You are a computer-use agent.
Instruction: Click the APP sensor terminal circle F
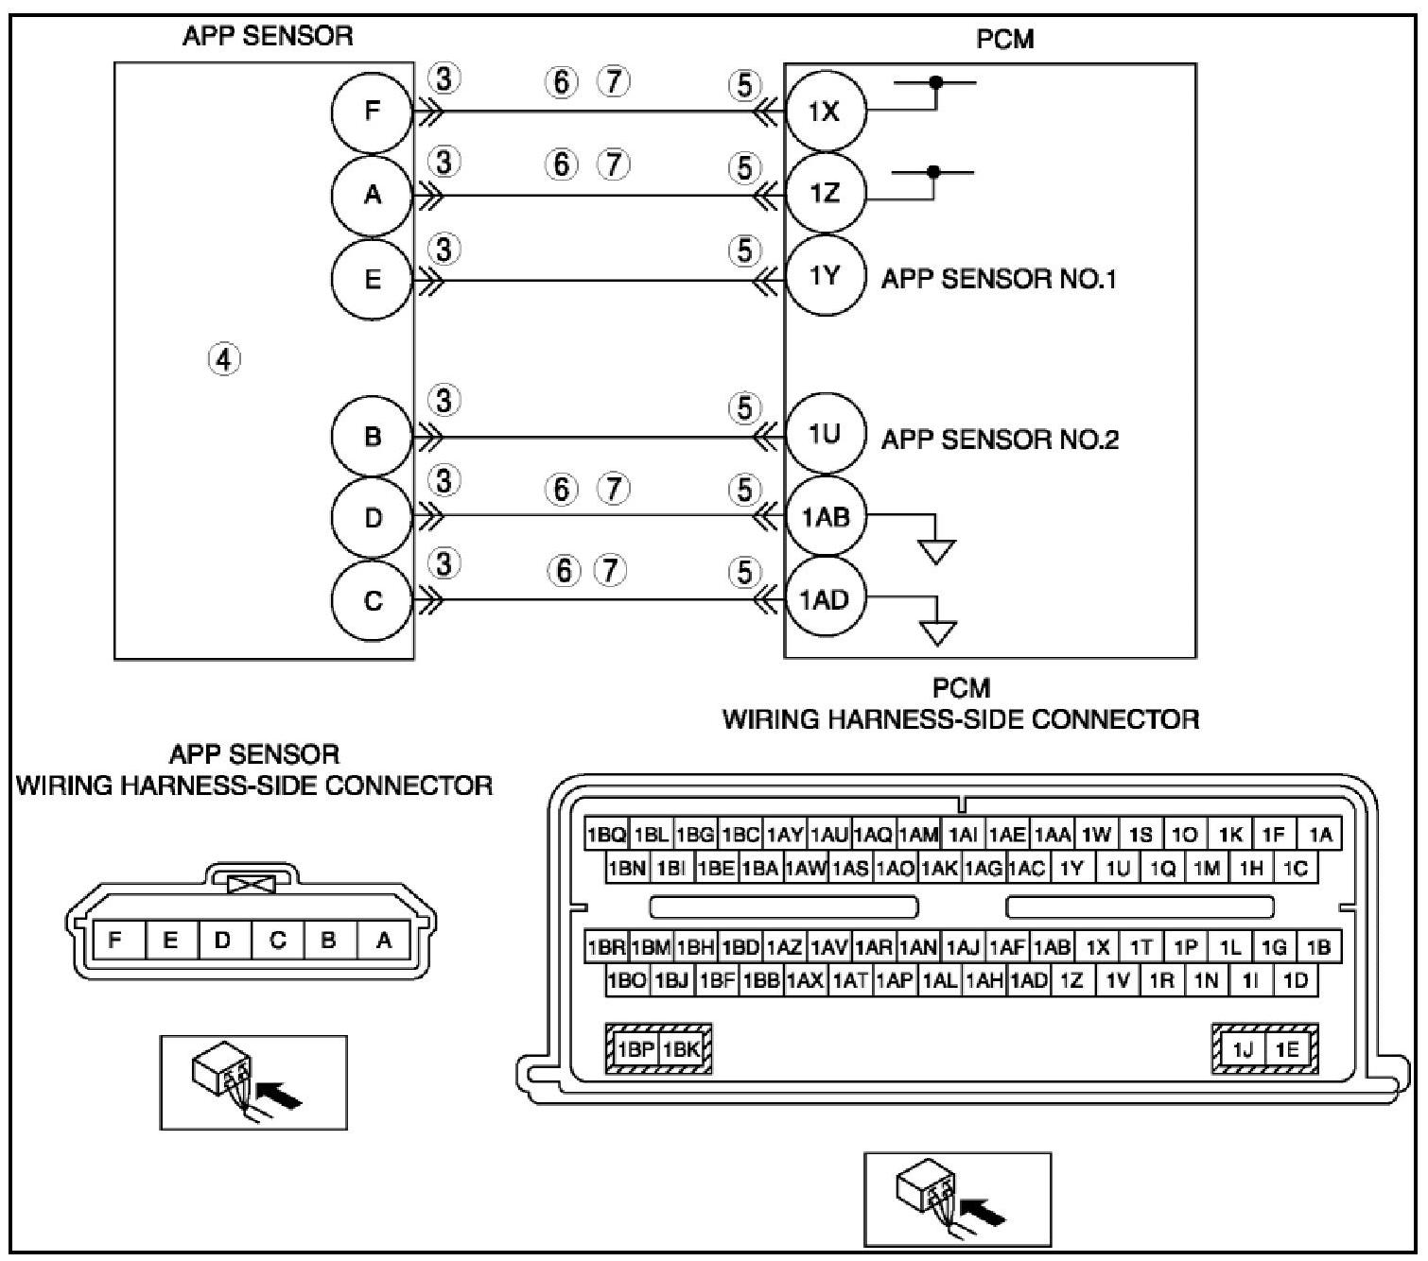[372, 112]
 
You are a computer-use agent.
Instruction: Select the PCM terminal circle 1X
[825, 112]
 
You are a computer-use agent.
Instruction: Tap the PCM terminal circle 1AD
[825, 599]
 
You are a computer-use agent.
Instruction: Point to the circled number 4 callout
[224, 359]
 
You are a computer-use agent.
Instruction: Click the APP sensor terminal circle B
[372, 437]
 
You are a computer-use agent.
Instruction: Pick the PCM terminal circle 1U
[825, 435]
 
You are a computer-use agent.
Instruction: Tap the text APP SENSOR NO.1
[999, 280]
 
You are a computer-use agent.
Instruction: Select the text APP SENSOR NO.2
[1000, 440]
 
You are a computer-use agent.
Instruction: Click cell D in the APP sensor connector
[223, 941]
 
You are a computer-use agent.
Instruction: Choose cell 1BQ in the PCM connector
[606, 835]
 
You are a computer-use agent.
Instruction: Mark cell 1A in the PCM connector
[1320, 835]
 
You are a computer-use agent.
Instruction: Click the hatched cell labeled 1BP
[636, 1049]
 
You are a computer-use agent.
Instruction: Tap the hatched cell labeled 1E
[1287, 1049]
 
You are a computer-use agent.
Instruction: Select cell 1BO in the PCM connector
[627, 981]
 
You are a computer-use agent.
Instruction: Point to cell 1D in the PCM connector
[1296, 981]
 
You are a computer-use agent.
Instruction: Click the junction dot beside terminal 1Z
[933, 172]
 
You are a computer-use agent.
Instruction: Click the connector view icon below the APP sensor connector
[253, 1081]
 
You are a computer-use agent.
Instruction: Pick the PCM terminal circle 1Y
[825, 275]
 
